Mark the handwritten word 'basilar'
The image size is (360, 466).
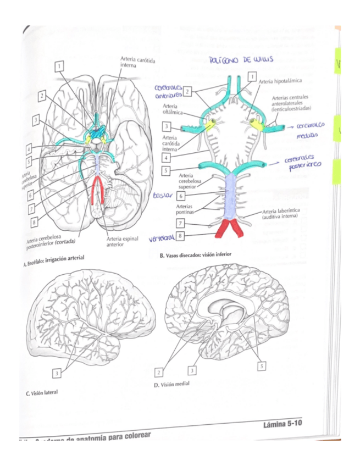[x=163, y=195]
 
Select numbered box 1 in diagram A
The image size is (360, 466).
[x=58, y=66]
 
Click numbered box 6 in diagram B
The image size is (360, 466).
[x=180, y=196]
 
